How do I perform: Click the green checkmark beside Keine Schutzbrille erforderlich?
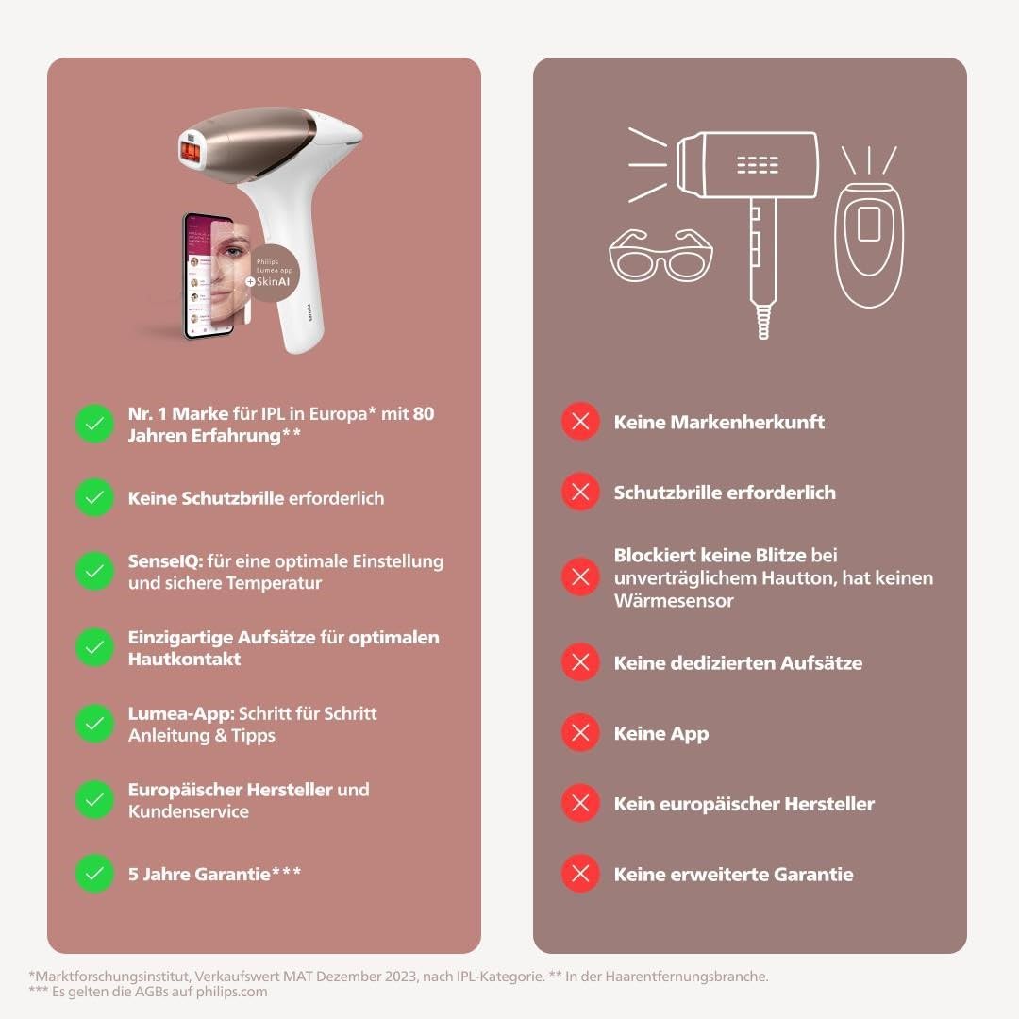point(95,498)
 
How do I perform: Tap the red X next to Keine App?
point(580,733)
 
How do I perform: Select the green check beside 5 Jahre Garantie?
point(95,874)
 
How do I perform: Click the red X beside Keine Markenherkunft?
point(580,422)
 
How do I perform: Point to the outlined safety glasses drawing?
point(660,255)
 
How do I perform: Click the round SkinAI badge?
point(275,273)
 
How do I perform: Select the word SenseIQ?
point(166,560)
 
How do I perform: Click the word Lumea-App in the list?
point(181,714)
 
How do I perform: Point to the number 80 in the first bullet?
point(424,413)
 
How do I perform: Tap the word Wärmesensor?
point(674,600)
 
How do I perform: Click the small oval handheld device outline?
point(869,245)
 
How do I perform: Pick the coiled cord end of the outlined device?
point(763,323)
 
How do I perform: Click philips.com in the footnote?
point(231,992)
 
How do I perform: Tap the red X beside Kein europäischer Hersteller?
point(580,803)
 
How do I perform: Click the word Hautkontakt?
point(185,659)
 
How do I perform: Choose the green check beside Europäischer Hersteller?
point(95,800)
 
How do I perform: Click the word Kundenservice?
point(189,811)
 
